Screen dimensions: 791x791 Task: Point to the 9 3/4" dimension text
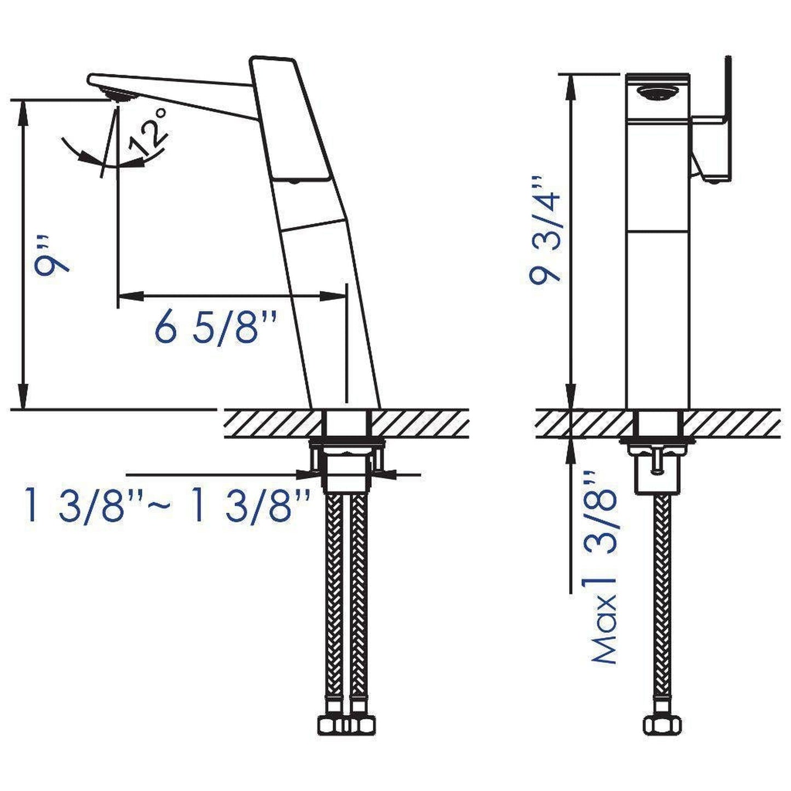[x=545, y=229]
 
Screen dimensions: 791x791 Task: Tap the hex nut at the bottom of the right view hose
[x=656, y=725]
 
